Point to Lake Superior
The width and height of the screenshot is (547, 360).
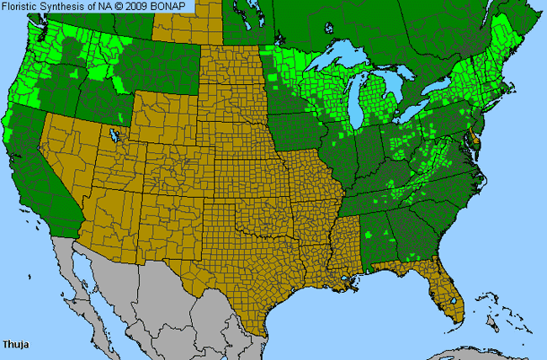[x=337, y=67]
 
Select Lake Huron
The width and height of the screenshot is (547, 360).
[x=397, y=93]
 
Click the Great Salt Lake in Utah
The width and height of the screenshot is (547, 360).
[x=114, y=135]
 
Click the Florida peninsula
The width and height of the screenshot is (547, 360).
[x=450, y=294]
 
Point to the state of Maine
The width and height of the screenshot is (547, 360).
[x=513, y=50]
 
